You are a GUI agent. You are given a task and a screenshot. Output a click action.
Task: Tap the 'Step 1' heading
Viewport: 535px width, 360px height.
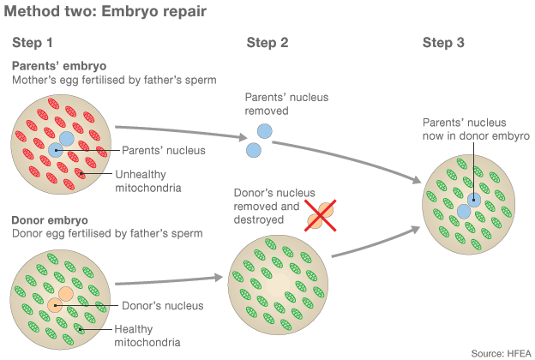pyautogui.click(x=33, y=43)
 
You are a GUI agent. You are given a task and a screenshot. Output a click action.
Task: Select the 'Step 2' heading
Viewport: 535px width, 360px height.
pyautogui.click(x=267, y=43)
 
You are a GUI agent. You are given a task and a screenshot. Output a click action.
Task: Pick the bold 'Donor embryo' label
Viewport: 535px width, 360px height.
pyautogui.click(x=50, y=220)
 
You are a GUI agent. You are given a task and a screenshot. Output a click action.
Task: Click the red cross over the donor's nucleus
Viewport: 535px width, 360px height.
pyautogui.click(x=319, y=216)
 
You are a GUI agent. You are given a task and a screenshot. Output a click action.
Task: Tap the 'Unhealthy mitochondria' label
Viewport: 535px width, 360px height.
pyautogui.click(x=148, y=181)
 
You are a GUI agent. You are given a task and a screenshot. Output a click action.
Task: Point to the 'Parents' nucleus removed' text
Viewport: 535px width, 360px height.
pyautogui.click(x=286, y=105)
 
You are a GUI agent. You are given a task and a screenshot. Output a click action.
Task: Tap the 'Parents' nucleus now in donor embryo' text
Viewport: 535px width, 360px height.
pyautogui.click(x=476, y=129)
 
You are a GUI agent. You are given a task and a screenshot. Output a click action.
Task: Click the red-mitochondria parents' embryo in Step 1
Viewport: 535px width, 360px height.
pyautogui.click(x=60, y=146)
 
